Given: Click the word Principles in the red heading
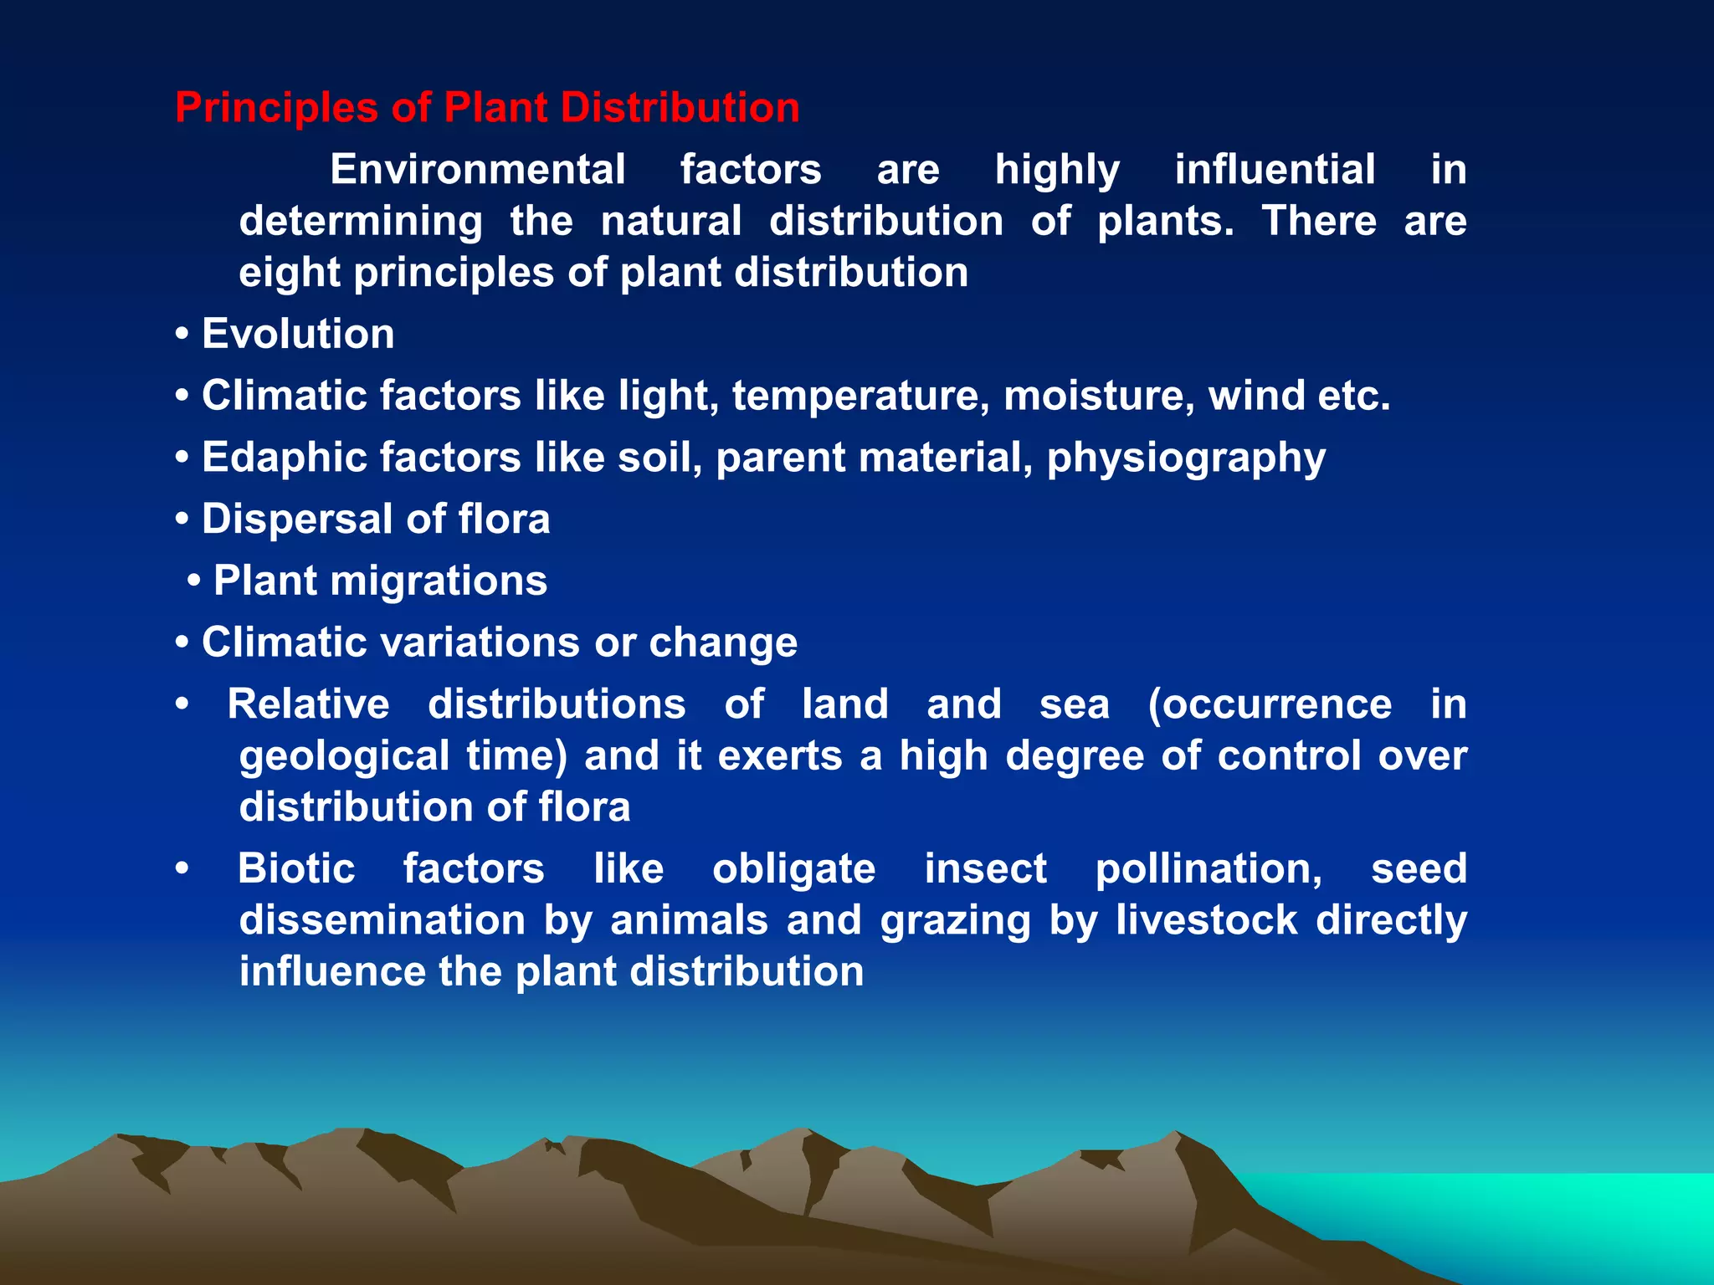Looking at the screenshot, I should pyautogui.click(x=276, y=109).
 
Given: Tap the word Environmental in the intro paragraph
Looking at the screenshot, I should pyautogui.click(x=477, y=170).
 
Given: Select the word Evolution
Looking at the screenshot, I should pyautogui.click(x=298, y=335).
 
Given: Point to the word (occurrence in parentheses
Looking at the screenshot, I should pyautogui.click(x=1270, y=704).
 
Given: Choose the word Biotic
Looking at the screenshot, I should pyautogui.click(x=296, y=868).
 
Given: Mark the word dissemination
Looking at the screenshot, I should pyautogui.click(x=382, y=920).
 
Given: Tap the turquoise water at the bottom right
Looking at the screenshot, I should pyautogui.click(x=1548, y=1213).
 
